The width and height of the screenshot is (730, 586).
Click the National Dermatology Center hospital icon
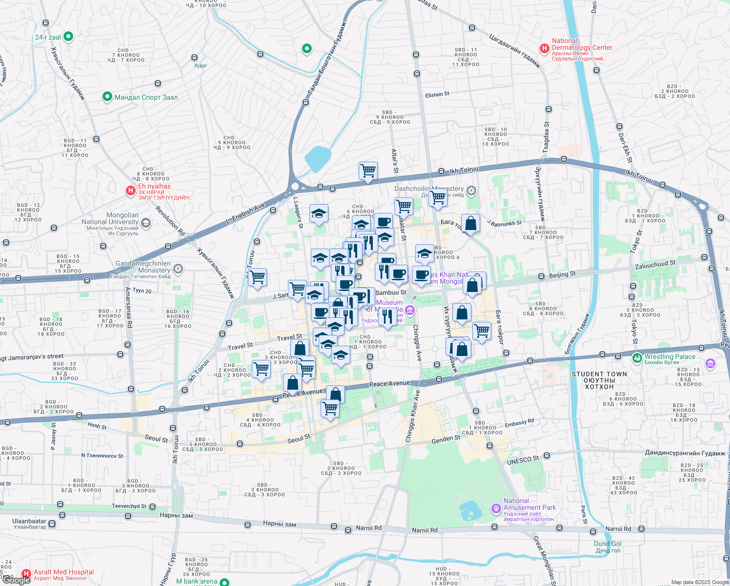pos(544,48)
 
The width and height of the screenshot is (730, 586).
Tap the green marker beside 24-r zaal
pos(68,37)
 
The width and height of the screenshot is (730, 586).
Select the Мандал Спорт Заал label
pos(146,97)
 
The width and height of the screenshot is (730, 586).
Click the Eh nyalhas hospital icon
pos(131,190)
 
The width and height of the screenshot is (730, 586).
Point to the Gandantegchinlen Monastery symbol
pos(179,269)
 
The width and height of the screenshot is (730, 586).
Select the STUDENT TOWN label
pos(599,374)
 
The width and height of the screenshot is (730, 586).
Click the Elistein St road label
pos(437,95)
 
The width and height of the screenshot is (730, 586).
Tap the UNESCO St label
pos(523,460)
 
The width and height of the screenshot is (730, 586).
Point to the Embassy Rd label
pos(519,423)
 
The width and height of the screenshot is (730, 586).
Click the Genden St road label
pos(446,439)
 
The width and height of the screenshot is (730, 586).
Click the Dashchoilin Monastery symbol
pos(471,190)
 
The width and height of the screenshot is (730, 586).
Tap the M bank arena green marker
pos(224,582)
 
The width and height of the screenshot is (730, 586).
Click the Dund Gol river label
pos(608,544)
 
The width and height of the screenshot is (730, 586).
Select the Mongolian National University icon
pos(145,223)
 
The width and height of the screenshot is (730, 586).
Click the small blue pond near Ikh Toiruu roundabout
pos(318,159)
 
